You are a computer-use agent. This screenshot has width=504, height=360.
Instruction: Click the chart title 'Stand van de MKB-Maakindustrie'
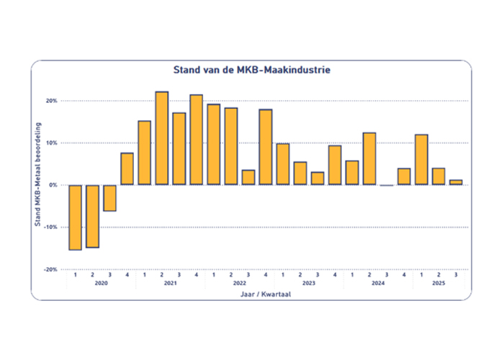252,71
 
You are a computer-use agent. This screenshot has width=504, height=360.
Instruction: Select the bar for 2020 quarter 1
75,217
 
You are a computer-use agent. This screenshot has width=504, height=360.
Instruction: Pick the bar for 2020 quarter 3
109,198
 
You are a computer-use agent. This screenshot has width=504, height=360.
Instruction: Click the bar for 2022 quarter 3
248,177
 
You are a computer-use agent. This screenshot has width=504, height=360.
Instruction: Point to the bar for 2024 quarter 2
369,158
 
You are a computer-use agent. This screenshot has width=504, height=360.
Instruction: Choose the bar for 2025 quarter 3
456,182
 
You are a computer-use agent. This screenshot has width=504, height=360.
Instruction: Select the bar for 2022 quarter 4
266,147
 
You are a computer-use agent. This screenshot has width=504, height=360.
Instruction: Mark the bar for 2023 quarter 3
318,178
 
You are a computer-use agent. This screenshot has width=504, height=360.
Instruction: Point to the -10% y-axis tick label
50,227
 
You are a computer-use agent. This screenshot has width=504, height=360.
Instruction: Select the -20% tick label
50,269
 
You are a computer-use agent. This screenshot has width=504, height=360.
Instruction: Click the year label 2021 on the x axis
170,284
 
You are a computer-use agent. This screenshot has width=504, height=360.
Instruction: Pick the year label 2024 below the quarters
378,284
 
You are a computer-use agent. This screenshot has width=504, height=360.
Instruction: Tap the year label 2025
438,284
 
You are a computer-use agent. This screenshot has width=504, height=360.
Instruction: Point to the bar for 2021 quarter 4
196,140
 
